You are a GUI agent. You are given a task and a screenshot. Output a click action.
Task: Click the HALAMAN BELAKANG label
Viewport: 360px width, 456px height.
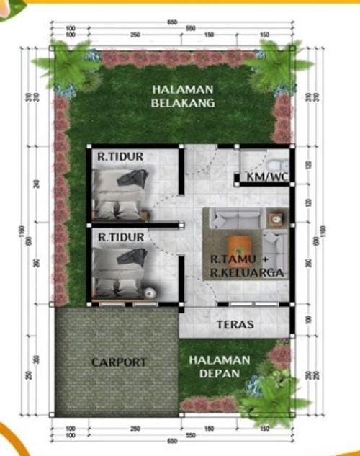click(183, 96)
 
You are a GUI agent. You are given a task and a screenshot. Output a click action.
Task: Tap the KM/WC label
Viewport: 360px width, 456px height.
click(264, 176)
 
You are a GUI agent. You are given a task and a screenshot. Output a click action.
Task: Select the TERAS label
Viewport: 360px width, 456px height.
click(235, 325)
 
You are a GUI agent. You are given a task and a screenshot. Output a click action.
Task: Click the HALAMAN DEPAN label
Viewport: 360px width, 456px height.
click(225, 367)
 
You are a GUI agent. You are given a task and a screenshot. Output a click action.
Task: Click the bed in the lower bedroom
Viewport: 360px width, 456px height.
click(121, 272)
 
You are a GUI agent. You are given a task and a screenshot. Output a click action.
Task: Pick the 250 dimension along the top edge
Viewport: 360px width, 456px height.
click(135, 35)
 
